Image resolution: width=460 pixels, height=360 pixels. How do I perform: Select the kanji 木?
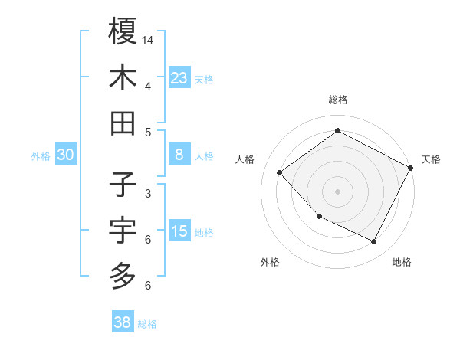(123, 77)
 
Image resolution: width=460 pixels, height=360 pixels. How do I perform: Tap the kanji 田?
(123, 123)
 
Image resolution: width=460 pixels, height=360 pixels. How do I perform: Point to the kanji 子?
(123, 185)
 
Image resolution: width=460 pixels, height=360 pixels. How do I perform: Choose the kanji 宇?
(123, 230)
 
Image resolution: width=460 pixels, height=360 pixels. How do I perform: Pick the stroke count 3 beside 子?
(148, 194)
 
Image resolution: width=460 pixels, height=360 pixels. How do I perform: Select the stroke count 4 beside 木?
(148, 86)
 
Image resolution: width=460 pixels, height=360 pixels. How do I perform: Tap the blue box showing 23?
(179, 77)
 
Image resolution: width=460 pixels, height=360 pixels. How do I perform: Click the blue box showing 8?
(179, 155)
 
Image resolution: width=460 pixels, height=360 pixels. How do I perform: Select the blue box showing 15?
(179, 231)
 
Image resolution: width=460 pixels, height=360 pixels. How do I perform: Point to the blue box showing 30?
(66, 155)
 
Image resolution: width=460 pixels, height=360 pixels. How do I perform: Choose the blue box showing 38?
(123, 322)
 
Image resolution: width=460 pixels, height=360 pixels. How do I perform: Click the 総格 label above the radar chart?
(337, 100)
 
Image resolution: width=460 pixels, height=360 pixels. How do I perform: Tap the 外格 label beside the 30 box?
(41, 155)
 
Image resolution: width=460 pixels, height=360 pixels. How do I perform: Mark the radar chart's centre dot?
(337, 191)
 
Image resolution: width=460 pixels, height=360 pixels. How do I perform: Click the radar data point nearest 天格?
(410, 168)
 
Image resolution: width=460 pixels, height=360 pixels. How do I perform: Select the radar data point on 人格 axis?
(280, 173)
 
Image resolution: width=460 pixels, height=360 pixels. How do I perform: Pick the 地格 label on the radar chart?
(402, 262)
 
